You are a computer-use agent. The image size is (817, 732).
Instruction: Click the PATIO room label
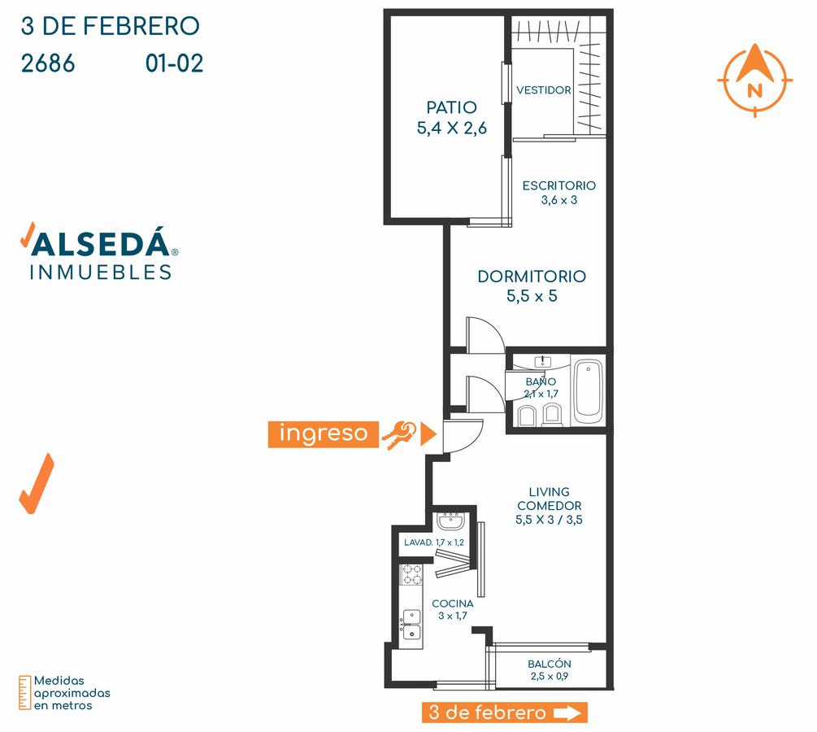(451, 107)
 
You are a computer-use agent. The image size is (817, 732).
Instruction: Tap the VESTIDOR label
(544, 90)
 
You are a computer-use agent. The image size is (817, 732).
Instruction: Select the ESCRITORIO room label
(559, 185)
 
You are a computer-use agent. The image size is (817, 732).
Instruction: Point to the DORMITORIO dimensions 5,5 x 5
(532, 296)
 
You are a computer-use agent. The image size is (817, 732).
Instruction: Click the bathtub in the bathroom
(589, 390)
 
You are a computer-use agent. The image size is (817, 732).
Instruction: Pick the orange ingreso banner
(323, 434)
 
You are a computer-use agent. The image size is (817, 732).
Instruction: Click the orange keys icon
(399, 435)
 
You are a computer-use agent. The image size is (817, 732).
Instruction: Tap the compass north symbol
(755, 80)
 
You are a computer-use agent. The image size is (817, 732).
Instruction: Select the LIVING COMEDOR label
(550, 499)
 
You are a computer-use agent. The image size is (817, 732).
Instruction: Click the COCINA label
(453, 603)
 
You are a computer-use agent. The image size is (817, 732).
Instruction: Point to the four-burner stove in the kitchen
(411, 574)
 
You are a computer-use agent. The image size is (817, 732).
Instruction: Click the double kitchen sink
(411, 625)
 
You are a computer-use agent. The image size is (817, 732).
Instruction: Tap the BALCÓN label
(550, 664)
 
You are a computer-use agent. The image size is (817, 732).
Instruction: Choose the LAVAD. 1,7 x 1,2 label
(434, 542)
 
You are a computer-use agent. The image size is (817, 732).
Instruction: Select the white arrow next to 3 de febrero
(567, 712)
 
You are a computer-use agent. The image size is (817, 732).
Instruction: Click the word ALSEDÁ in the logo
(100, 243)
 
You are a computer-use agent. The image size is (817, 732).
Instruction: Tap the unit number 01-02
(174, 63)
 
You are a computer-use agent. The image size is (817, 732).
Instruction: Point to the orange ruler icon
(24, 693)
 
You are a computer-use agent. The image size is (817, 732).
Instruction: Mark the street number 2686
(48, 63)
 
